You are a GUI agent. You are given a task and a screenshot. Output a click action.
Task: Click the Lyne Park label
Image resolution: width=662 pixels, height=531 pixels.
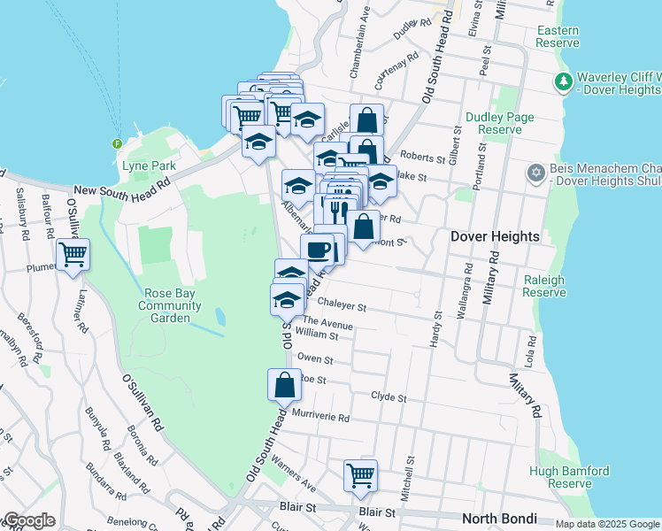click(150, 165)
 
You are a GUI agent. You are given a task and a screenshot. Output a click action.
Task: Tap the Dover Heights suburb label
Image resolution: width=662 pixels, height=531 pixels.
click(495, 236)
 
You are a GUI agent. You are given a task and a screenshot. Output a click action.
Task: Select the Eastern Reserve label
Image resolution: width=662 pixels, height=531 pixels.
click(558, 36)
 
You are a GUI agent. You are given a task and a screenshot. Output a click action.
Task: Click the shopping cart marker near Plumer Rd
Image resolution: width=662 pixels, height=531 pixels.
click(73, 256)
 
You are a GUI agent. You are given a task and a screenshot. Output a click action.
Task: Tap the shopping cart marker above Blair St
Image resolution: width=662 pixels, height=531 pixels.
click(360, 475)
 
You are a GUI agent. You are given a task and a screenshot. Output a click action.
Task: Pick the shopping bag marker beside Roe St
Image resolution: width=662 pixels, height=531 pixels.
click(283, 385)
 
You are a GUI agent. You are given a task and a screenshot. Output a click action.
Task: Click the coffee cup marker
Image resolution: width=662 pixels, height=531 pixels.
click(317, 250)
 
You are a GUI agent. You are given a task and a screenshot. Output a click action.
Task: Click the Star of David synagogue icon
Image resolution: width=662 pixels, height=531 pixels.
click(535, 173)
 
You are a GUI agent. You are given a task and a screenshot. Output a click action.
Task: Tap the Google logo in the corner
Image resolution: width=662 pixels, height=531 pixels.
click(28, 520)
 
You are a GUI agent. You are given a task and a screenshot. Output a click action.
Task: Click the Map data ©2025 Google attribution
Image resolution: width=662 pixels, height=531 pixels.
click(607, 524)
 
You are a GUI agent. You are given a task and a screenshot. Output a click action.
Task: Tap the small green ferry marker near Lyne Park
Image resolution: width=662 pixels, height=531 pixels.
click(117, 143)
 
